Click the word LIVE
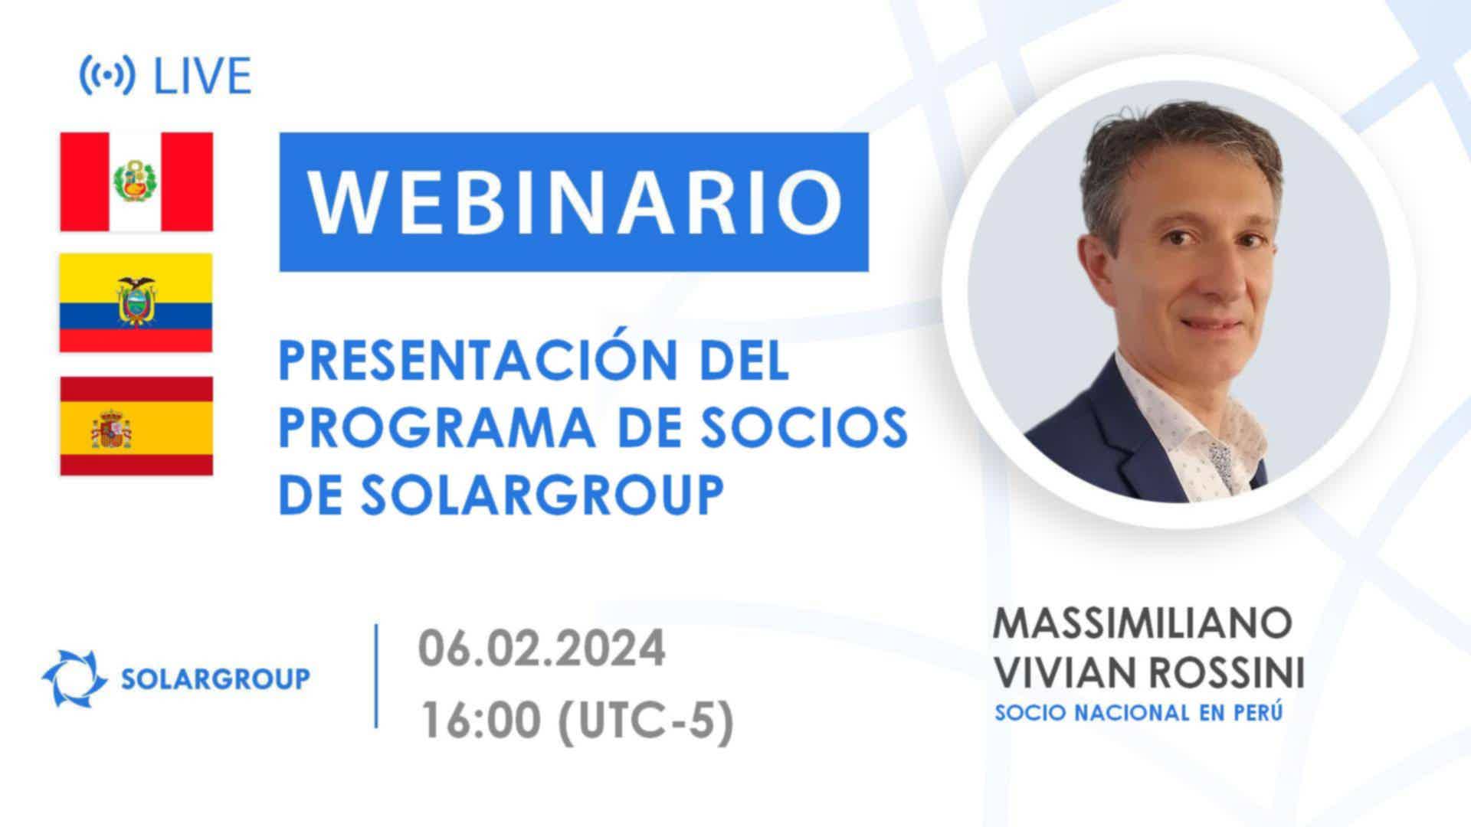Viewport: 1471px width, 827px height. coord(203,76)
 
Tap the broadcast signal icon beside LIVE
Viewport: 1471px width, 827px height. coord(107,76)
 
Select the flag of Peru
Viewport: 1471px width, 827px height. coord(136,181)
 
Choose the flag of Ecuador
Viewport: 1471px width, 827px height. coord(136,302)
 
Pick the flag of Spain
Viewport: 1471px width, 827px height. coord(136,426)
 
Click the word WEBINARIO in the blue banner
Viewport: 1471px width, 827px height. coord(575,201)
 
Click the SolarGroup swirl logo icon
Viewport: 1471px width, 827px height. coord(74,678)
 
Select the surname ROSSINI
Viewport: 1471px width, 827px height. coord(1225,674)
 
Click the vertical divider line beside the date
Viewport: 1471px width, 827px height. coord(376,675)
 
